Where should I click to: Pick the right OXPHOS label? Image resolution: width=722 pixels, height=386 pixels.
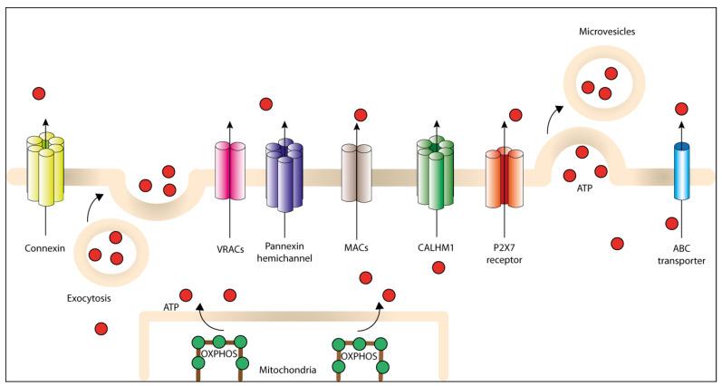(358, 355)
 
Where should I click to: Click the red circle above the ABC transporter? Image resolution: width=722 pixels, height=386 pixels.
(682, 109)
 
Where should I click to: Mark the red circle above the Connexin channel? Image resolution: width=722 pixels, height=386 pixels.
(39, 93)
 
